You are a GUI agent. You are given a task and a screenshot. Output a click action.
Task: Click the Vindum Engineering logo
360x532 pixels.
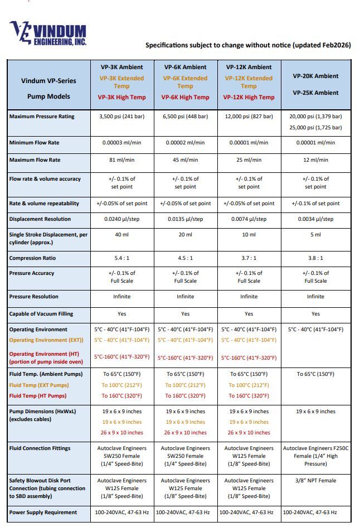(48, 33)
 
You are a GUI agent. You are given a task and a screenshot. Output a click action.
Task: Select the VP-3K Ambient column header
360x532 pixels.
(122, 67)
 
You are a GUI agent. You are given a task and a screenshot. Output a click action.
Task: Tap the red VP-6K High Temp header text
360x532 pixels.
(186, 97)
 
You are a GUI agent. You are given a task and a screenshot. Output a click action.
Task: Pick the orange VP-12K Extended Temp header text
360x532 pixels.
(249, 82)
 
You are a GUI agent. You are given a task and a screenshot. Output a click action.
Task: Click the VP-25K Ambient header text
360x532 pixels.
(315, 93)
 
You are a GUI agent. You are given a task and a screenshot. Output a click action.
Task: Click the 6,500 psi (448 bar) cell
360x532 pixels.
(186, 117)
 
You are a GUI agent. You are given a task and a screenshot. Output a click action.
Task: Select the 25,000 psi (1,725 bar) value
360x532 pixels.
(315, 128)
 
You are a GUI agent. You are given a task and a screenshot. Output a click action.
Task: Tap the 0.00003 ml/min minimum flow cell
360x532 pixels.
(122, 143)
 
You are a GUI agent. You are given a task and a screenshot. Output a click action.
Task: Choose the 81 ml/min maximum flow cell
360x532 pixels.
(122, 160)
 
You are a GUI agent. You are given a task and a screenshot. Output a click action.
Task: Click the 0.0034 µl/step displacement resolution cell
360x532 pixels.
(315, 219)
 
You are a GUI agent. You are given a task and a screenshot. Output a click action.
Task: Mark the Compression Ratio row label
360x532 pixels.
(33, 258)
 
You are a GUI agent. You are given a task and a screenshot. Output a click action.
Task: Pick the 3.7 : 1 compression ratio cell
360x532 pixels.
(249, 258)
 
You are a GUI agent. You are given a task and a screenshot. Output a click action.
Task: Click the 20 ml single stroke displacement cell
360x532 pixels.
(186, 234)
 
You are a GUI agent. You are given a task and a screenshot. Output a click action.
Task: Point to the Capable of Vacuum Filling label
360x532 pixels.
(41, 313)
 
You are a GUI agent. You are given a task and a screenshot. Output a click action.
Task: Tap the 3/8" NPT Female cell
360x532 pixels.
(315, 480)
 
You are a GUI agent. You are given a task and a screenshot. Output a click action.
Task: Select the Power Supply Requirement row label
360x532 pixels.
(43, 512)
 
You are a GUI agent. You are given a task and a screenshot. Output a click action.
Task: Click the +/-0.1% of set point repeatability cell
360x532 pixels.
(315, 204)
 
